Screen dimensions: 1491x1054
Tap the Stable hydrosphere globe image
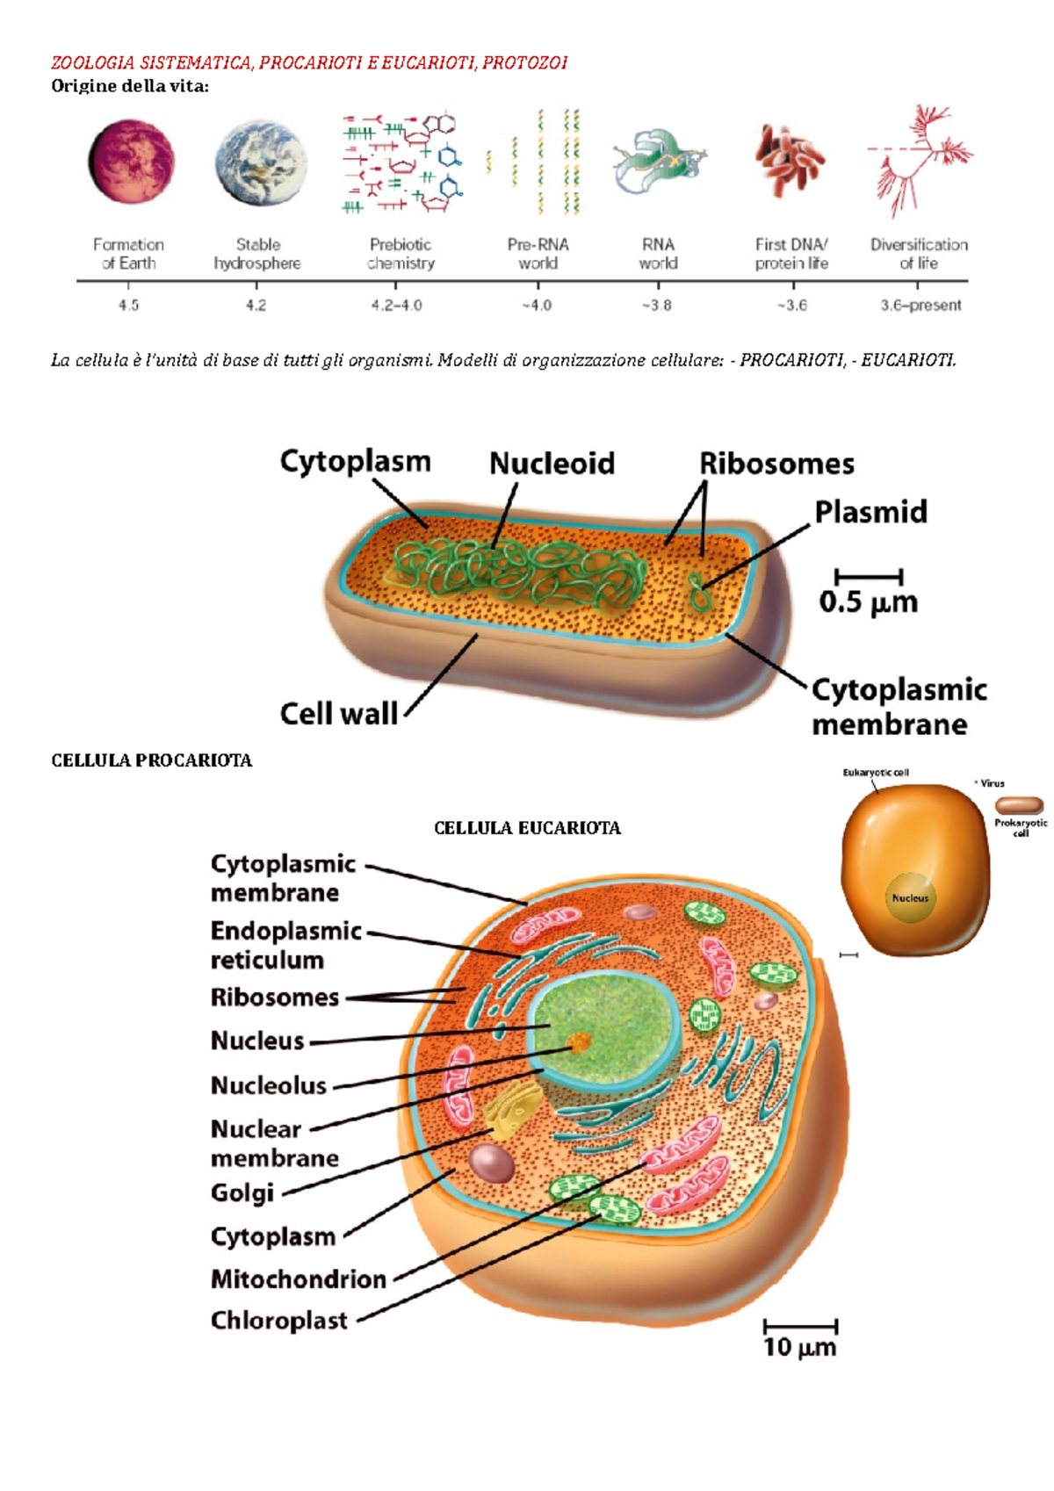point(261,164)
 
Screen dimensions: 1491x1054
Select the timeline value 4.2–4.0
point(396,306)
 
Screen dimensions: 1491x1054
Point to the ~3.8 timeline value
point(657,306)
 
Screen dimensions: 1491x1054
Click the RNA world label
point(658,254)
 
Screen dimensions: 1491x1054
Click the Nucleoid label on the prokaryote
point(552,464)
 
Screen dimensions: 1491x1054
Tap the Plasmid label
point(870,512)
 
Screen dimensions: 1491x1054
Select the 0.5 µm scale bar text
point(868,602)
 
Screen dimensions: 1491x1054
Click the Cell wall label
point(339,713)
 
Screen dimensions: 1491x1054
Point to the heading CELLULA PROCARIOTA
point(152,760)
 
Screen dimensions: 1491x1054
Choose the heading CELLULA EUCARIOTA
point(527,828)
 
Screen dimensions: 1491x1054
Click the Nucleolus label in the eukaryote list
point(269,1085)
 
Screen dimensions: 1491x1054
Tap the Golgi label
point(242,1192)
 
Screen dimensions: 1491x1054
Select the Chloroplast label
point(279,1320)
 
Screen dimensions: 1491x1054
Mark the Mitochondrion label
point(299,1279)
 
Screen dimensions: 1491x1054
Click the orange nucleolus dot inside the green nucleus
point(579,1042)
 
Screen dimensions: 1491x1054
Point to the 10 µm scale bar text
point(799,1347)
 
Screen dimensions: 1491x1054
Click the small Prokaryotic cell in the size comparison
point(1019,804)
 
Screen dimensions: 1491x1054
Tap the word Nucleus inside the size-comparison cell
point(910,898)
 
